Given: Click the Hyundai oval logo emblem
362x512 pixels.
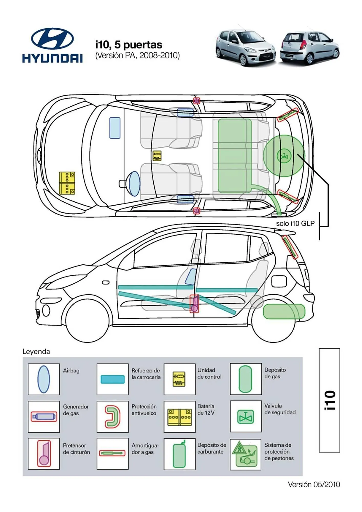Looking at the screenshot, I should pos(52,38).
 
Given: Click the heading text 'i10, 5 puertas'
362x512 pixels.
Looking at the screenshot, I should pos(129,45).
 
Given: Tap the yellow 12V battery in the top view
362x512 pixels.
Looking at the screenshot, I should pos(67,183).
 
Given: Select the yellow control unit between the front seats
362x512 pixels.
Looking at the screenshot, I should pos(157,156).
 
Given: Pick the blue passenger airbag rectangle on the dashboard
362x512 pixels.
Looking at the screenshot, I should pos(115,128).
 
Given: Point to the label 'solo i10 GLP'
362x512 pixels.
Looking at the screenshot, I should pos(295,223).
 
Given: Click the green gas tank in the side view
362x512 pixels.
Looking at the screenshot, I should pos(284,311).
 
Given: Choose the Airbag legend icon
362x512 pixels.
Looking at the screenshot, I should pos(44,379).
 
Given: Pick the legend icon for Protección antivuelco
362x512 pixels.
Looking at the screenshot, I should pos(113,417).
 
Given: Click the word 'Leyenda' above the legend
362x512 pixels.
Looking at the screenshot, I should pos(36,351).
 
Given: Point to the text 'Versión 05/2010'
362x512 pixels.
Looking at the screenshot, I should pos(314,485).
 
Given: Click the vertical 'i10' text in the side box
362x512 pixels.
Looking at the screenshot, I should pos(330,400).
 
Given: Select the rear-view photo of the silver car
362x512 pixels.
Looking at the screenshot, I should pos(310,47).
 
